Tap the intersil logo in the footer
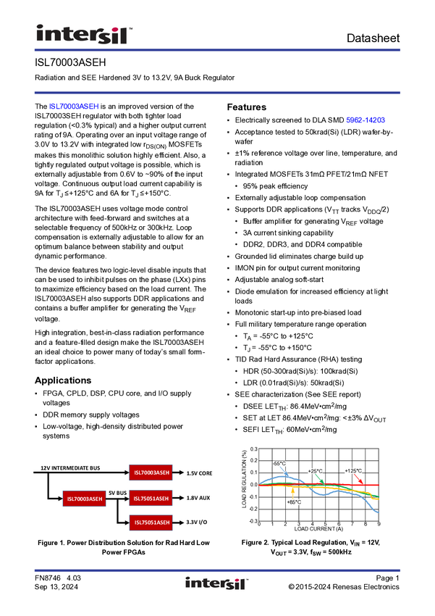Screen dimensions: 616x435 pos(216,583)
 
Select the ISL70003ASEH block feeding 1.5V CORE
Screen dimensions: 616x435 pos(151,473)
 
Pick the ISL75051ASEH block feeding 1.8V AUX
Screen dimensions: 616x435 pos(151,499)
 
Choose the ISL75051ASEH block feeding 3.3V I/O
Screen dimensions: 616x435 pos(151,523)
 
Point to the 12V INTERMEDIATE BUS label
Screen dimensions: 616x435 pos(71,468)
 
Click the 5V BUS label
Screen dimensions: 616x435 pos(117,494)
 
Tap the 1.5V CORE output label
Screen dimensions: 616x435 pos(199,473)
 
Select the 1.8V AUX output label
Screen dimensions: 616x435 pos(198,499)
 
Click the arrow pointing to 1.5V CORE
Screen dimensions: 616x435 pos(179,473)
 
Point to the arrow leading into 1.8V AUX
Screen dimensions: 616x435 pos(179,499)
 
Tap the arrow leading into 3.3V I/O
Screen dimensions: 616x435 pos(179,523)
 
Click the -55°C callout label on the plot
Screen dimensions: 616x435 pos(279,462)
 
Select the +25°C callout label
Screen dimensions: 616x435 pos(315,470)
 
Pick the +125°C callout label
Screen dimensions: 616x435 pos(352,470)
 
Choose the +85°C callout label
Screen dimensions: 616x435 pos(294,501)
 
